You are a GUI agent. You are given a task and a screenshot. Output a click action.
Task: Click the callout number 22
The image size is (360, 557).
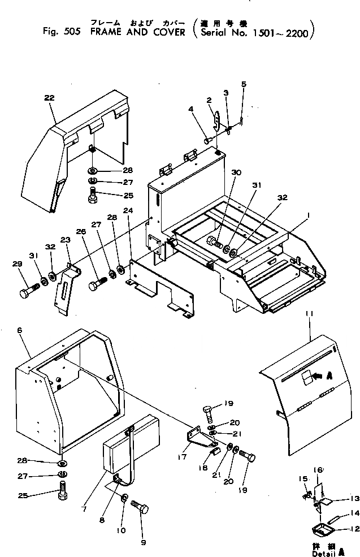coord(50,98)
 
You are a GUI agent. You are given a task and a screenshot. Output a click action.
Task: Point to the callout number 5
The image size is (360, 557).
coord(244,84)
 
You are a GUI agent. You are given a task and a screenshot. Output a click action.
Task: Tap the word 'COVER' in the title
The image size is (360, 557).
coord(170,32)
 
